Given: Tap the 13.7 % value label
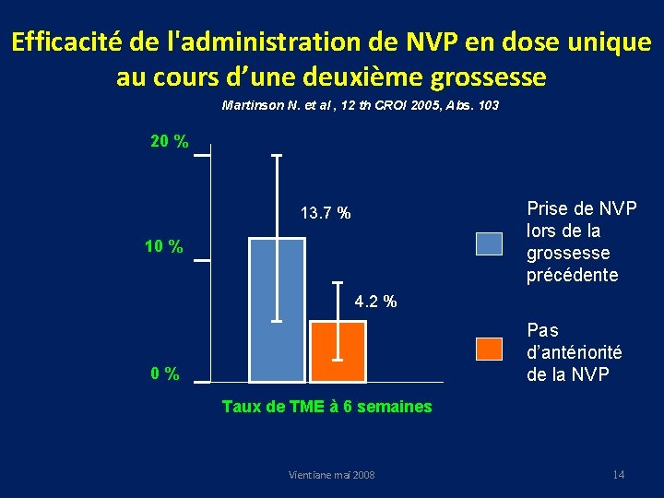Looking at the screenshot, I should pos(325,214).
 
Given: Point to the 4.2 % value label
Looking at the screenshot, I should pos(375,302).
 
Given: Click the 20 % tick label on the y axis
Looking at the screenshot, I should pos(170,142).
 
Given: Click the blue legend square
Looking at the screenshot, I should pos(489,243).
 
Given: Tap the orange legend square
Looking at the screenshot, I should pos(489,350).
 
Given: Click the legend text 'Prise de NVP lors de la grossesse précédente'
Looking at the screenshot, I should pos(581,242).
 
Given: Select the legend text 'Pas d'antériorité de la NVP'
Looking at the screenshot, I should pos(574,351).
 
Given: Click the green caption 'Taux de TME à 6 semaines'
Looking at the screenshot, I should pos(326,407).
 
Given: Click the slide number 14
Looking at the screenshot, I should pos(618,474).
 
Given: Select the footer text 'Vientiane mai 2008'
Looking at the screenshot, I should pos(331,475).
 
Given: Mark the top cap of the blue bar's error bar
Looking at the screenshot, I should pos(277,156).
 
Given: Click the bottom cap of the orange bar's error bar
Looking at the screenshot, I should pos(338,359).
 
